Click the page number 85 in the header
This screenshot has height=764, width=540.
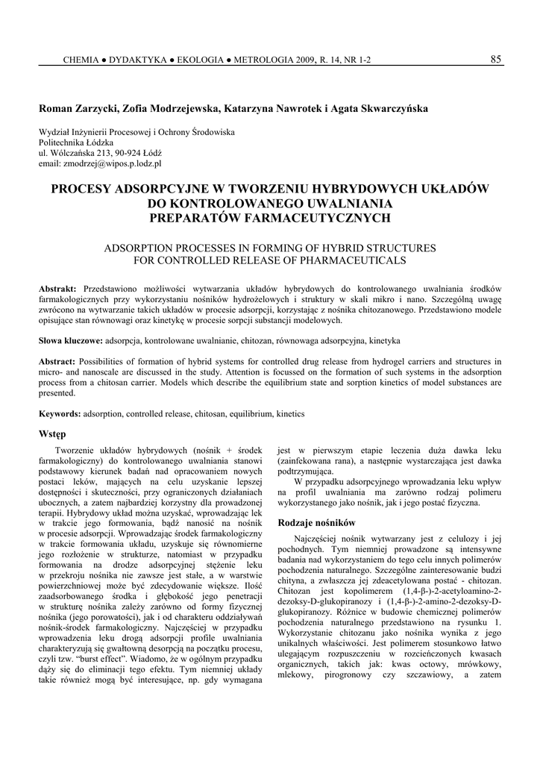pos(495,60)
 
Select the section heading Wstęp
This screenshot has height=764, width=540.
pos(51,433)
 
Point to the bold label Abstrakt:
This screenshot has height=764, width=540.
pos(57,288)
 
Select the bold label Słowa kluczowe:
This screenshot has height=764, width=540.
pos(71,340)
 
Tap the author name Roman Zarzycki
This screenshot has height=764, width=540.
pos(78,108)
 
